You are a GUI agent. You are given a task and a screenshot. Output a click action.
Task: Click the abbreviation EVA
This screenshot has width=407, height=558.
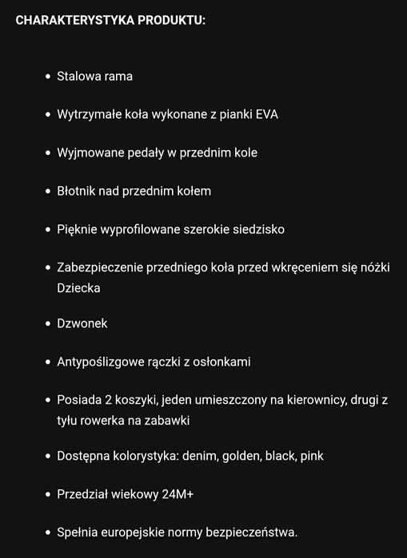266,114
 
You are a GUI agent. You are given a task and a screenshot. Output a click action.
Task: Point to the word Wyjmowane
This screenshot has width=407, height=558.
88,152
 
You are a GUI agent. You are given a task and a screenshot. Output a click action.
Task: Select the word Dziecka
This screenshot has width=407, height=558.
79,287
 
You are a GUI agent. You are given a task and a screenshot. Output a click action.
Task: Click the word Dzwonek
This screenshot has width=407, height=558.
82,323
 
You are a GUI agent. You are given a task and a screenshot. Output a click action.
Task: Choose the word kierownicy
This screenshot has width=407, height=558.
312,400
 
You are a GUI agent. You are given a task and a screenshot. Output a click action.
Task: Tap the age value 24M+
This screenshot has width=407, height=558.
178,494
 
